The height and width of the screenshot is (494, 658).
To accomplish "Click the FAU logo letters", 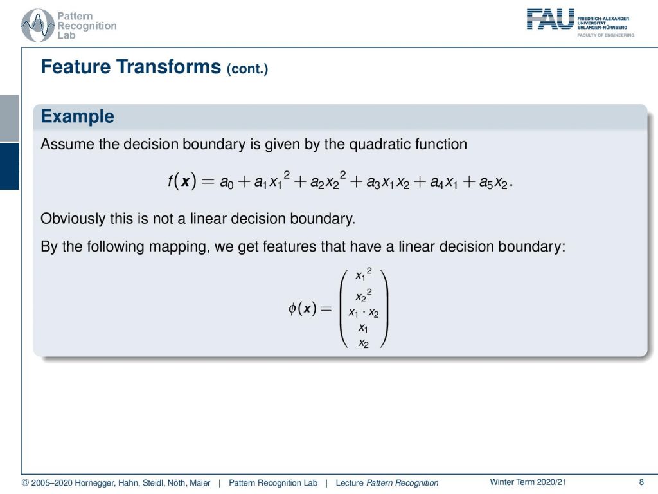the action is coord(550,19).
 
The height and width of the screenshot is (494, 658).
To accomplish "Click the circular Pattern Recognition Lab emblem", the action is coord(38,25).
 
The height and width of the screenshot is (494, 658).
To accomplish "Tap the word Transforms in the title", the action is coord(168,67).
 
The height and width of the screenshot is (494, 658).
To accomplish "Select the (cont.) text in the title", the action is coord(247,68).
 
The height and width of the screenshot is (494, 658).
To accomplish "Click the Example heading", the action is coord(77,116).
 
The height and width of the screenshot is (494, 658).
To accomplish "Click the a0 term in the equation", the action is coord(226,182).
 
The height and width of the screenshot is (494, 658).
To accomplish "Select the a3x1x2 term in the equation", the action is coord(387,182).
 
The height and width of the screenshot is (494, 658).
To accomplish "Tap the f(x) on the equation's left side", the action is coord(182,181).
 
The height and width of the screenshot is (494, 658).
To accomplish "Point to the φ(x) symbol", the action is coord(302,308).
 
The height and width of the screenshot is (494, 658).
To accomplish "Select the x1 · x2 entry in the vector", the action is coord(364,313).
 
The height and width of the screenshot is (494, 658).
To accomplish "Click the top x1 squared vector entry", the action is coord(364,274).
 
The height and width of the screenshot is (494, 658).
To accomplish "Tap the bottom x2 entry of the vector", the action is coord(364,343).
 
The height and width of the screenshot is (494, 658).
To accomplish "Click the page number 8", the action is coord(641,482).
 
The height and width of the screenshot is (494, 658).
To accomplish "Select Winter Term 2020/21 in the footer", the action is coord(528,482).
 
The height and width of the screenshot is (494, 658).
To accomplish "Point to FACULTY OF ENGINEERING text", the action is coord(605,35).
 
